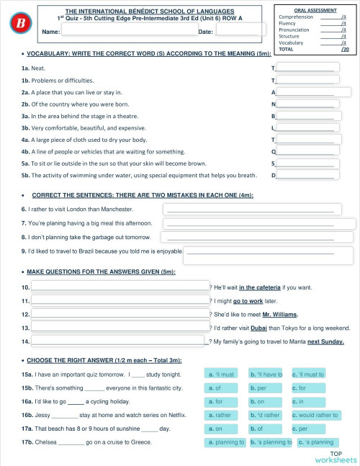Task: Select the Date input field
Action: (240, 30)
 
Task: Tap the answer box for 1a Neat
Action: (307, 68)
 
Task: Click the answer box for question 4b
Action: (307, 151)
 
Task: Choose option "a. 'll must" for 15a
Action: (221, 375)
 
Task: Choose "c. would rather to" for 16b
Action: (315, 415)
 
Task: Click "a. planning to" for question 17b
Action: (225, 442)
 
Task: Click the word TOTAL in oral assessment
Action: (286, 49)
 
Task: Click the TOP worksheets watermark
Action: (335, 456)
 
